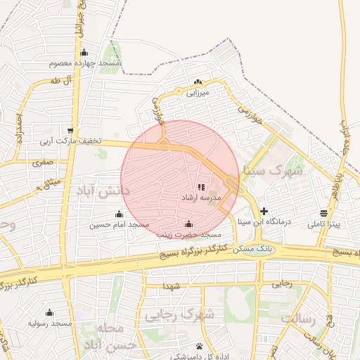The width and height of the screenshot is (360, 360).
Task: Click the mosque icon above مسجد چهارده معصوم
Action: coord(84,52)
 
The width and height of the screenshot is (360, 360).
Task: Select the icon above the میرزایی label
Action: coord(198,82)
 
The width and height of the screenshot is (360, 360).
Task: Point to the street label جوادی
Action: coord(157,110)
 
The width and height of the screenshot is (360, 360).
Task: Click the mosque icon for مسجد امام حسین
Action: coord(119,214)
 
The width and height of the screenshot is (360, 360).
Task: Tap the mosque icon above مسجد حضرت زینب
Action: coord(188,224)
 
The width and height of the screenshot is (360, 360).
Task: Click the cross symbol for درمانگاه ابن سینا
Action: coord(264,210)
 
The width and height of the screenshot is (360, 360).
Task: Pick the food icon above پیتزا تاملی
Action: coord(323,213)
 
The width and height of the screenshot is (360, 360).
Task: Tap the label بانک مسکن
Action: coord(257,250)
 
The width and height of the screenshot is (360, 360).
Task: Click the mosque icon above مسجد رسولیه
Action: coord(49,313)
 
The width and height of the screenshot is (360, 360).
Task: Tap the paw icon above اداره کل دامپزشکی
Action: coord(200,346)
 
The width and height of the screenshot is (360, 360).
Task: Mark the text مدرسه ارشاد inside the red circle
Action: coord(202,198)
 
